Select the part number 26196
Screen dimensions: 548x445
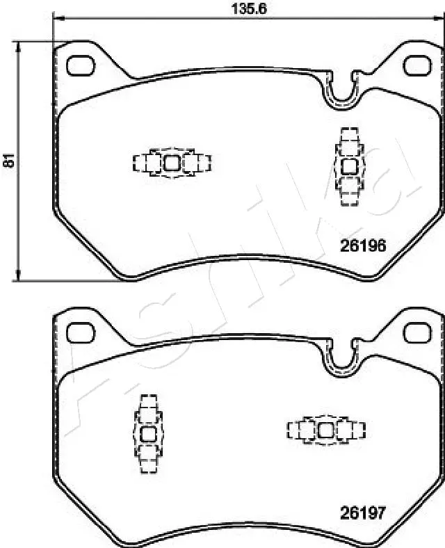point(362,245)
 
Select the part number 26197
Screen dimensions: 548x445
point(362,513)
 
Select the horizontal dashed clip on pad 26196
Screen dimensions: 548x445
point(172,163)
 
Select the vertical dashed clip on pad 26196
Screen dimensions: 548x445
point(350,166)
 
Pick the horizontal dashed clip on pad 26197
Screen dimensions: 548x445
point(325,430)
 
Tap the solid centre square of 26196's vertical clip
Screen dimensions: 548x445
point(350,166)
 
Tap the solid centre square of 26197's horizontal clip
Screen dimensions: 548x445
point(325,430)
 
